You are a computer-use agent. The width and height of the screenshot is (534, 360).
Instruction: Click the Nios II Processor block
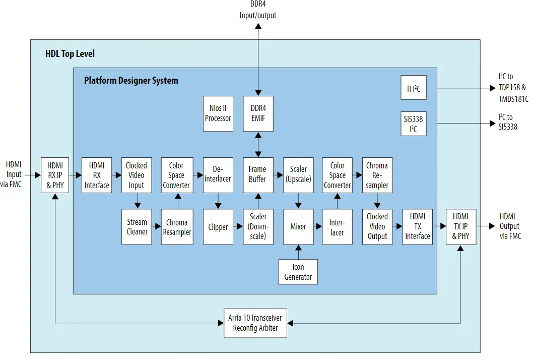click(218, 113)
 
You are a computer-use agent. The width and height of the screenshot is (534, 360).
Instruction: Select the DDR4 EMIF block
click(258, 113)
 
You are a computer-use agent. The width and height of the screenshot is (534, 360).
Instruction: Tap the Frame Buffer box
click(258, 174)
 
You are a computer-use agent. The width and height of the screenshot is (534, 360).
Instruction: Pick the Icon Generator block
click(298, 272)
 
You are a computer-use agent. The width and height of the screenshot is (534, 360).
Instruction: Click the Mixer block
click(298, 227)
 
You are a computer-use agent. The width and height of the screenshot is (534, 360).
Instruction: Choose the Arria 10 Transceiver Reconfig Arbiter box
click(255, 323)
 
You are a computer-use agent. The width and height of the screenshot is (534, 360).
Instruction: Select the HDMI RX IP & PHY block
click(55, 175)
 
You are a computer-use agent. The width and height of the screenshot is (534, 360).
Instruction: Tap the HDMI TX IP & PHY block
click(460, 226)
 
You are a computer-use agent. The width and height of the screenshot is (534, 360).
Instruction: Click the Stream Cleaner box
click(137, 227)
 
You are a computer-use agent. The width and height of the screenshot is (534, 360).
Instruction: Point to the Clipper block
click(218, 227)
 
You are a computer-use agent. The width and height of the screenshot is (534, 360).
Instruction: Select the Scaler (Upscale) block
click(298, 174)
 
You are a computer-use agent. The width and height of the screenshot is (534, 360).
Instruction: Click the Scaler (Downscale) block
click(258, 227)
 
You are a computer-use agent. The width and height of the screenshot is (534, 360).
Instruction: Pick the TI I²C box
click(413, 89)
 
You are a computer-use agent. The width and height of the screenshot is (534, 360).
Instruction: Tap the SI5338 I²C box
click(413, 123)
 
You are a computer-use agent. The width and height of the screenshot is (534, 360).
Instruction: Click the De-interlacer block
click(218, 174)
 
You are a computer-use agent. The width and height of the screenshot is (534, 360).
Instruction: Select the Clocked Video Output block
click(377, 227)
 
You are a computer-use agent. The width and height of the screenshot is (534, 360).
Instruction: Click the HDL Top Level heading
click(70, 54)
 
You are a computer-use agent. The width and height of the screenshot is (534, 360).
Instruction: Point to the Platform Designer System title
click(131, 81)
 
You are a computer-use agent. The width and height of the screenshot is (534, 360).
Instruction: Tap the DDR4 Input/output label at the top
click(257, 10)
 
